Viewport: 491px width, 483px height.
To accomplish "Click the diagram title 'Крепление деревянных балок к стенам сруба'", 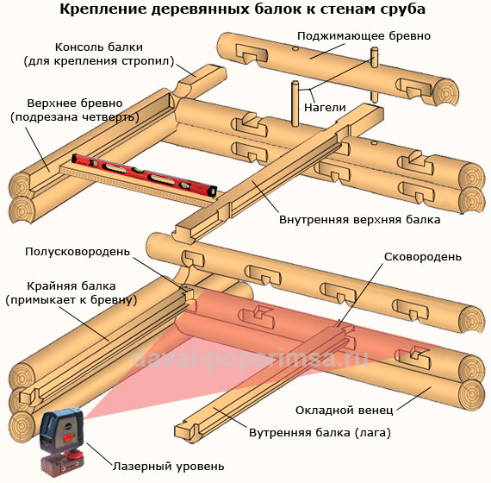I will point(245,11).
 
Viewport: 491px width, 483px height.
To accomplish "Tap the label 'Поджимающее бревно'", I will point(363,36).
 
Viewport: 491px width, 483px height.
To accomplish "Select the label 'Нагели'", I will point(326,107).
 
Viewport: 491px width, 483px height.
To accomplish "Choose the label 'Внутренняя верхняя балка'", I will point(359,219).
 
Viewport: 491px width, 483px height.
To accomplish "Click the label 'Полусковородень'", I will point(78,252).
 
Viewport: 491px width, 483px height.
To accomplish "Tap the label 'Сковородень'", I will point(422,256).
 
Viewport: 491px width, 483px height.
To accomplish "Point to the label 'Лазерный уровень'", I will point(169,466).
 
